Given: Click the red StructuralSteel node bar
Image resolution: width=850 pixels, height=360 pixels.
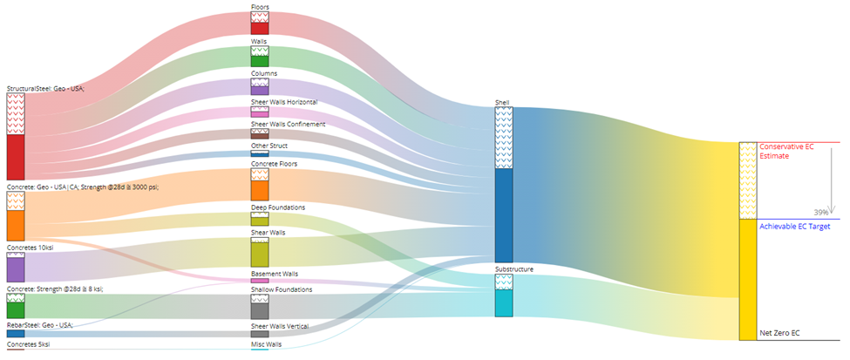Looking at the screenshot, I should [x=16, y=157].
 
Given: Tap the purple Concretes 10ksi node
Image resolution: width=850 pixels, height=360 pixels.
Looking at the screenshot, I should [x=16, y=268].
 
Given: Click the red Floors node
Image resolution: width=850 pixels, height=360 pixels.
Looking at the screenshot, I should [x=260, y=28].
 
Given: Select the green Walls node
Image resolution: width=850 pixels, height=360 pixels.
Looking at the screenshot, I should [x=260, y=58].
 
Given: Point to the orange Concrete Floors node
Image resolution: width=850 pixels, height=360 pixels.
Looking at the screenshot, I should [x=260, y=190].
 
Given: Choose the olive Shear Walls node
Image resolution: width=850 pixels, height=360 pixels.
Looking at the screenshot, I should [x=260, y=254].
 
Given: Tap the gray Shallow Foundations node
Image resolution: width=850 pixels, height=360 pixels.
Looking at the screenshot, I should [x=260, y=310].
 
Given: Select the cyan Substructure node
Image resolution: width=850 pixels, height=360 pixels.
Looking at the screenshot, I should [x=504, y=303].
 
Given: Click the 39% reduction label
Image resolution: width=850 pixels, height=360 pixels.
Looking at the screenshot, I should [x=820, y=213].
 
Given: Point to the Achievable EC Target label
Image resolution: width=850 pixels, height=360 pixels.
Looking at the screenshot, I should [x=795, y=226].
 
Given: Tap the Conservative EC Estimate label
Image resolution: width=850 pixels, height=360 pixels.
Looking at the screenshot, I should [x=785, y=151].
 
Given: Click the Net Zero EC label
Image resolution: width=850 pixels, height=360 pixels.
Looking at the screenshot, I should [x=779, y=333].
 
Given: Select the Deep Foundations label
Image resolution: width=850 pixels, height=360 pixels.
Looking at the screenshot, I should [x=278, y=207].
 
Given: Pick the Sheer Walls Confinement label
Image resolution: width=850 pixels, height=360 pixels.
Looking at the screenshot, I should [x=288, y=125].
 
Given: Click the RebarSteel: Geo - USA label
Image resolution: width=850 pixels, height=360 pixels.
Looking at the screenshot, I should [x=40, y=325].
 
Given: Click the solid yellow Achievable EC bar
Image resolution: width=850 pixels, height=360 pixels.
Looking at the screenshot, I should [x=748, y=279].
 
